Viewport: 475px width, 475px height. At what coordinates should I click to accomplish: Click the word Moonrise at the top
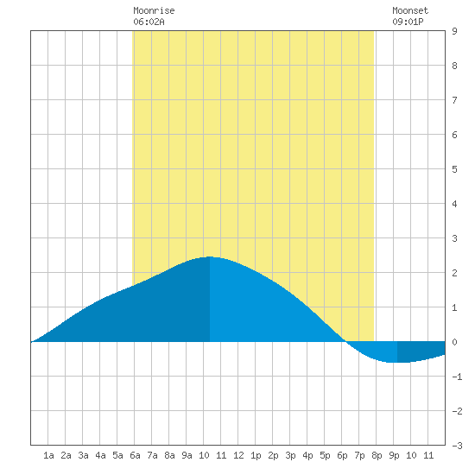(154, 10)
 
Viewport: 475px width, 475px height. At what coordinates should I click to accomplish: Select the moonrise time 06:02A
(149, 22)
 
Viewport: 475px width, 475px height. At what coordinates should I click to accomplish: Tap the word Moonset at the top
(410, 10)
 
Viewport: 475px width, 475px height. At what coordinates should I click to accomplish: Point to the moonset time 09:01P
(408, 22)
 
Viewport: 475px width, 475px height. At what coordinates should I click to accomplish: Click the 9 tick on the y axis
(454, 31)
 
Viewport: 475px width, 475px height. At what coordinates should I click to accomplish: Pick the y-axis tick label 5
(454, 169)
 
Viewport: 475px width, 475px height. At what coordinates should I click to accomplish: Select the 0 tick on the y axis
(454, 342)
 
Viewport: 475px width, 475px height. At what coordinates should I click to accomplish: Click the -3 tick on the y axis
(457, 446)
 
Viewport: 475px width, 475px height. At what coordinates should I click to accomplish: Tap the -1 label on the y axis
(457, 377)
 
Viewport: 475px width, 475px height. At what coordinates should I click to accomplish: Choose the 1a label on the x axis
(48, 455)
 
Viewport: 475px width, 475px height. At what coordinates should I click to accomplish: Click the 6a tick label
(135, 455)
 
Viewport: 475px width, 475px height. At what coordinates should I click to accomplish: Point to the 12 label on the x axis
(238, 455)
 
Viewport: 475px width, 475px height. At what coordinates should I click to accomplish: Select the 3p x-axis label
(290, 455)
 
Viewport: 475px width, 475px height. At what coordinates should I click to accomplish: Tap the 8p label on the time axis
(377, 455)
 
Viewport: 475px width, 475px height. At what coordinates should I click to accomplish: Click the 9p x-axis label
(394, 455)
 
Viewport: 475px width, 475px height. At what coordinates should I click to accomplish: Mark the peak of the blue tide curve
(210, 256)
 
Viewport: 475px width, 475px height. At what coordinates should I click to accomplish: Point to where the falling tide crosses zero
(345, 342)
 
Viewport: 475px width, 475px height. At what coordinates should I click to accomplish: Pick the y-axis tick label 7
(454, 100)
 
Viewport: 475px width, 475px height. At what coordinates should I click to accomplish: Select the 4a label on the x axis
(100, 455)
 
